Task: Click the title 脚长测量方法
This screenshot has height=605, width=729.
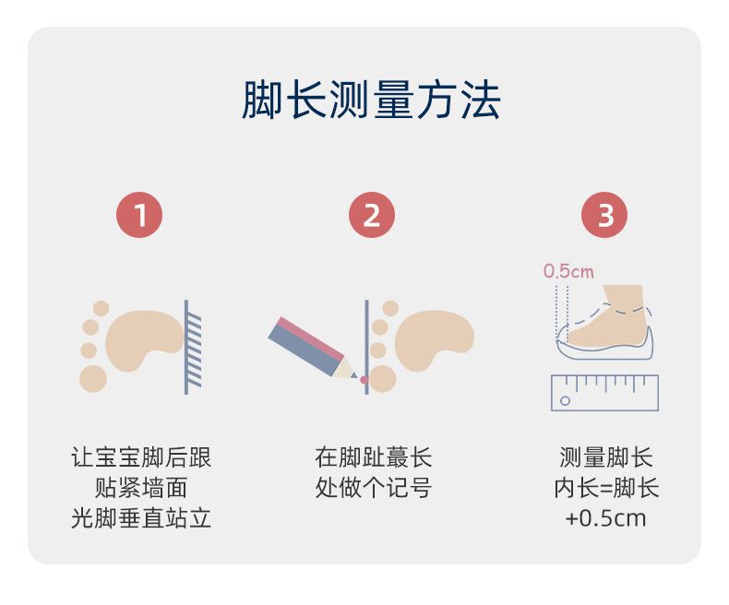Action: tap(370, 101)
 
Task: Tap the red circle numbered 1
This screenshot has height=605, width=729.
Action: tap(139, 217)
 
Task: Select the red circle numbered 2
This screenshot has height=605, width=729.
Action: tap(372, 217)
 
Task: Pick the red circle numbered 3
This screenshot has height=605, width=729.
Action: tap(604, 217)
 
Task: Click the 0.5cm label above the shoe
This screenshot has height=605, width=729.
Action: tap(568, 271)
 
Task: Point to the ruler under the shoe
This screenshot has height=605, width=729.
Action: tap(604, 392)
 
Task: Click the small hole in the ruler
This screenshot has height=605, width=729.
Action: tap(566, 401)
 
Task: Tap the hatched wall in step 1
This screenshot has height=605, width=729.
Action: tap(192, 347)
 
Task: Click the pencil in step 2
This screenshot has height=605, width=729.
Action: tap(309, 346)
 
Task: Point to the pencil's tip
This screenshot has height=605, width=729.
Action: tap(354, 375)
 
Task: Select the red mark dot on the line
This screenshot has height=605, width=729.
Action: tap(364, 380)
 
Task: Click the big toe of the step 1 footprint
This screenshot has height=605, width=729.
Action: tap(93, 378)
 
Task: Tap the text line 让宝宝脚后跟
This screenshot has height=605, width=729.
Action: tap(141, 457)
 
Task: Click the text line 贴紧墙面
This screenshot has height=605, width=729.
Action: tap(141, 487)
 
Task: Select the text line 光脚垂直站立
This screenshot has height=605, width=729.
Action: tap(141, 517)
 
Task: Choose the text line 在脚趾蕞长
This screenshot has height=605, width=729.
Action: tap(373, 457)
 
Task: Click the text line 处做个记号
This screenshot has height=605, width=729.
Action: tap(373, 487)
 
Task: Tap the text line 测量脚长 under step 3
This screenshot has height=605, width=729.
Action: tap(605, 457)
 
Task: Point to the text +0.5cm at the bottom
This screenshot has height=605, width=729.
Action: tap(605, 517)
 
